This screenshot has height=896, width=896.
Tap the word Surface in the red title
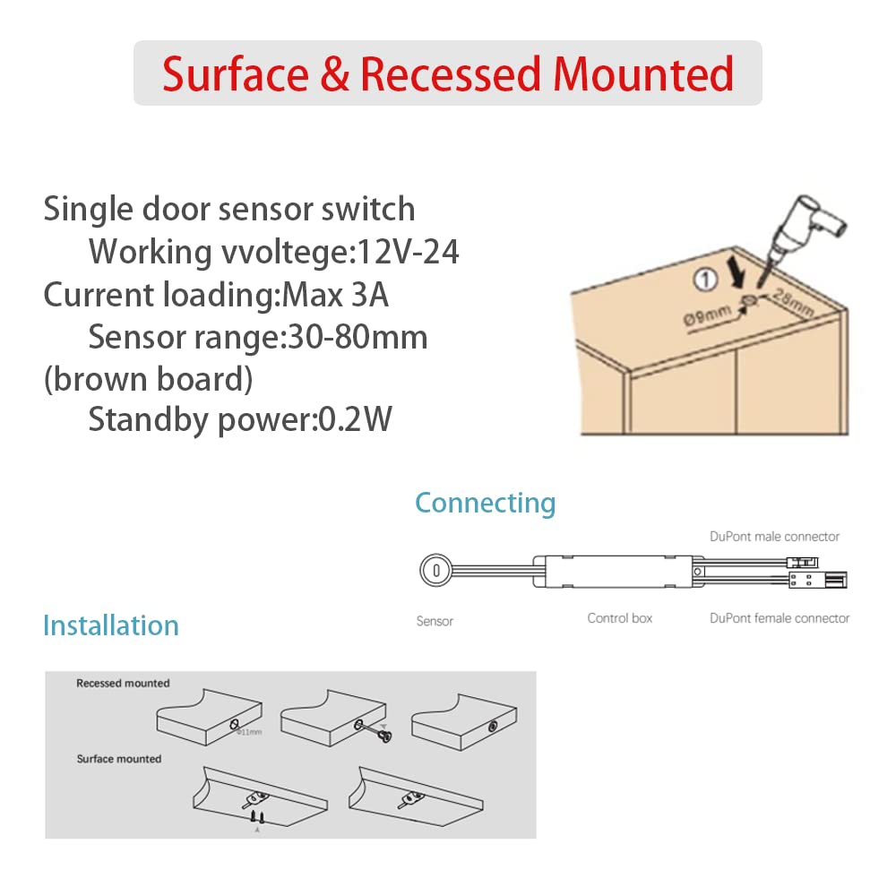(235, 74)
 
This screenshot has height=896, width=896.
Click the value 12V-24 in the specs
(409, 253)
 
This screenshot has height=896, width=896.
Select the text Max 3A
(336, 296)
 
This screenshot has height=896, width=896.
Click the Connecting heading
(486, 503)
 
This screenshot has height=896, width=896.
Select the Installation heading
(111, 625)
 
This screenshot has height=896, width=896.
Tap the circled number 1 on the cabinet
(706, 280)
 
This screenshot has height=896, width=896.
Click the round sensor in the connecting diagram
(435, 569)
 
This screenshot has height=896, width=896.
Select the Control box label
(620, 618)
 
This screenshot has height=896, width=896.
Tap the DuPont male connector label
(774, 537)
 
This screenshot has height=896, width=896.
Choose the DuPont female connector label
(780, 618)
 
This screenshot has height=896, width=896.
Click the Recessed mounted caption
(123, 684)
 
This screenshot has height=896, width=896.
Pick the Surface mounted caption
(119, 759)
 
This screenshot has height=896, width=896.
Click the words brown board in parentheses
(148, 379)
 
